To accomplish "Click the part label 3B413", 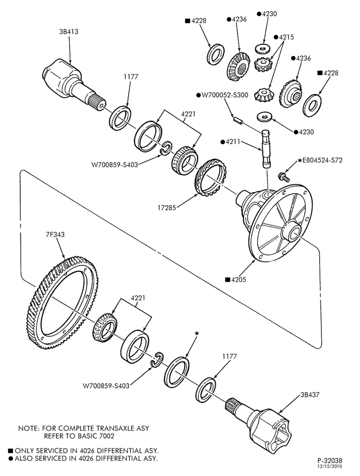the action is click(x=69, y=31).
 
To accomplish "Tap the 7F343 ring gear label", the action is click(x=55, y=235).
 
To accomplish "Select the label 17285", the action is click(x=167, y=208).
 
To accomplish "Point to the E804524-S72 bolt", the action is click(x=283, y=176).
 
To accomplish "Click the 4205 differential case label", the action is click(x=239, y=279).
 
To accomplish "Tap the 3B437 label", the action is click(x=310, y=395).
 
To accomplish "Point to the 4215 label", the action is click(x=287, y=37).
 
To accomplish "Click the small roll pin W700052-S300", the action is click(x=238, y=119).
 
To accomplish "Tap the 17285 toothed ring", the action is click(x=210, y=177).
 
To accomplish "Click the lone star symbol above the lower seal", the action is click(x=197, y=333).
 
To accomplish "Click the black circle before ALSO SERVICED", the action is click(x=11, y=458).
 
